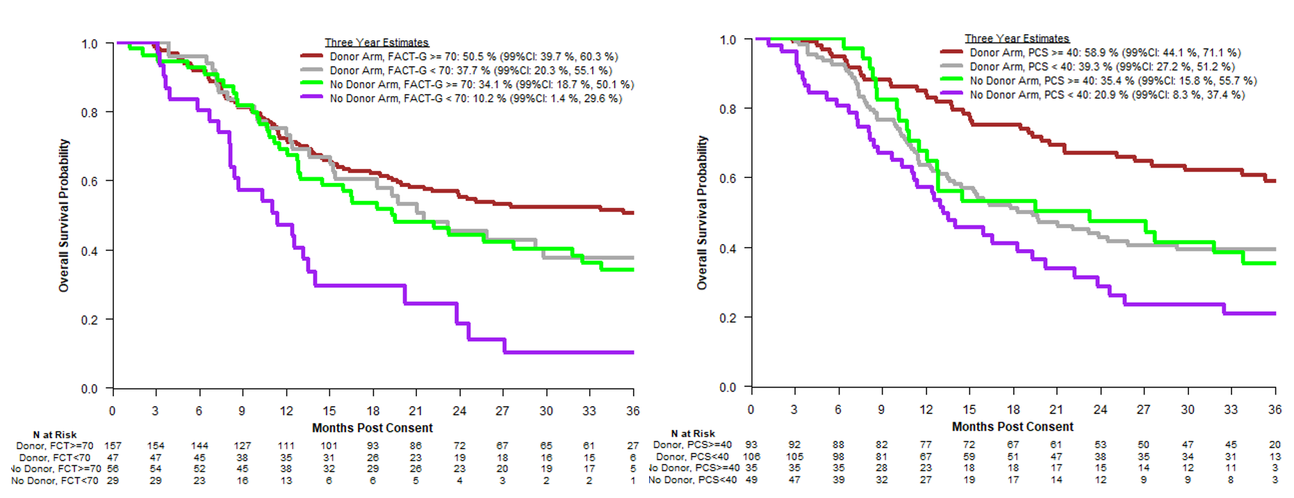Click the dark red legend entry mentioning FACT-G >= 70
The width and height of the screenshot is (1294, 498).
pyautogui.click(x=473, y=56)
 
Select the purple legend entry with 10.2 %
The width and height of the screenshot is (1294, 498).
pyautogui.click(x=475, y=99)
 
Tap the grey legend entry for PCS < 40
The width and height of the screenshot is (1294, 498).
pyautogui.click(x=1101, y=67)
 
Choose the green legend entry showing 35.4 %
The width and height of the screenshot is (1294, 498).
pyautogui.click(x=1113, y=81)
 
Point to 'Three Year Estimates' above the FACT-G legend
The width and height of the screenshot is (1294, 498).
pyautogui.click(x=377, y=42)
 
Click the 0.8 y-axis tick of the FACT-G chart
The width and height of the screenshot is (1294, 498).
pyautogui.click(x=90, y=113)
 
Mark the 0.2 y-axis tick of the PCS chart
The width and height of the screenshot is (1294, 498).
pyautogui.click(x=728, y=318)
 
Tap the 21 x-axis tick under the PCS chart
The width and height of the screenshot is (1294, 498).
pyautogui.click(x=1056, y=410)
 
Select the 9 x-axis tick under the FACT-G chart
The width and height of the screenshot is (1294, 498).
pyautogui.click(x=242, y=411)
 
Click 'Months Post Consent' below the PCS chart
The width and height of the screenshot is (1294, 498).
pyautogui.click(x=1013, y=426)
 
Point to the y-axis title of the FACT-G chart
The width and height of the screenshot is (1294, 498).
pyautogui.click(x=64, y=216)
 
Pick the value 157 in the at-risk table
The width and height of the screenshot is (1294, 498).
pyautogui.click(x=113, y=446)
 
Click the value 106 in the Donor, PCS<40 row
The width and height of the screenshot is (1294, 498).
pyautogui.click(x=751, y=457)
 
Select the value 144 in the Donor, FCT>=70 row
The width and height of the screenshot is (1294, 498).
pyautogui.click(x=199, y=446)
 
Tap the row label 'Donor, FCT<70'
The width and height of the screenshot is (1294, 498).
pyautogui.click(x=55, y=458)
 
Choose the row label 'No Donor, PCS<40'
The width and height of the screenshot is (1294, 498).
pyautogui.click(x=692, y=480)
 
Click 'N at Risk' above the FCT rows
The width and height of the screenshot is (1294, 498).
pyautogui.click(x=55, y=435)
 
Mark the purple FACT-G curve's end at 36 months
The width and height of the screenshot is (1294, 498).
pyautogui.click(x=632, y=353)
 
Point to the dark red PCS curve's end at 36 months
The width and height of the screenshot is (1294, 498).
pyautogui.click(x=1275, y=181)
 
